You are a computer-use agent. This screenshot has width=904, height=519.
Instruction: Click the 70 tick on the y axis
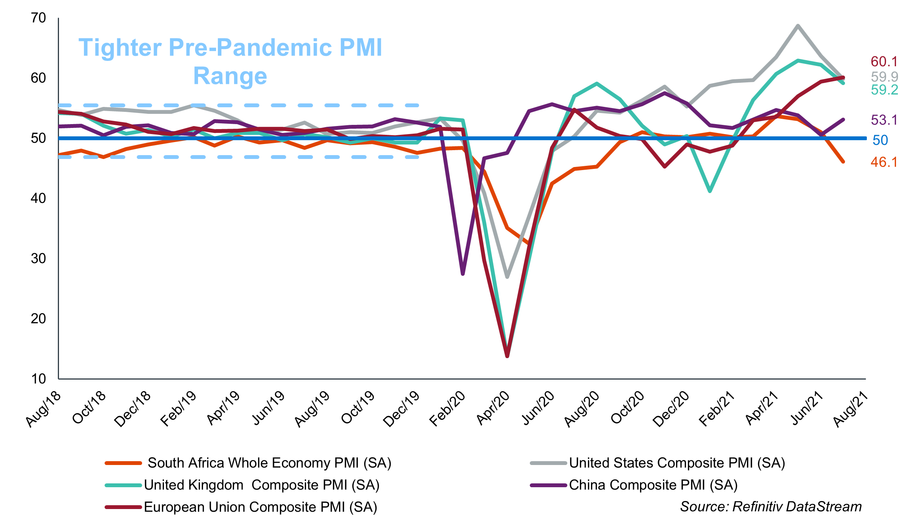tap(38, 18)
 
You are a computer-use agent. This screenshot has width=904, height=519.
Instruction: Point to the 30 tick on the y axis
tap(38, 259)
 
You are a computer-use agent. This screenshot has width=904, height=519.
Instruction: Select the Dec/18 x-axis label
tap(133, 409)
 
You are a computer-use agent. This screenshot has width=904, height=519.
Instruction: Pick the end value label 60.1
tap(884, 62)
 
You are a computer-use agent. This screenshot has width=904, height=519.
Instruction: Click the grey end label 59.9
tap(884, 77)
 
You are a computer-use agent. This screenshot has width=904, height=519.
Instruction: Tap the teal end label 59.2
tap(884, 90)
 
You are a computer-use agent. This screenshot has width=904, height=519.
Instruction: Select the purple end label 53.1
tap(884, 120)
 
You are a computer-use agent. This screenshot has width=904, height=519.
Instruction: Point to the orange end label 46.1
tap(884, 162)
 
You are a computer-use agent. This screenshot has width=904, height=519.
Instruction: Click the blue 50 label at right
tap(880, 140)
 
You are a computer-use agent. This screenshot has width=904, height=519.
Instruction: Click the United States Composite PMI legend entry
tap(677, 463)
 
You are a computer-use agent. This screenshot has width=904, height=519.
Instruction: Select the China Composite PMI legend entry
tap(653, 485)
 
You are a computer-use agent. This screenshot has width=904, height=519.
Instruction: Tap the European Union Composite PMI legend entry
tap(260, 507)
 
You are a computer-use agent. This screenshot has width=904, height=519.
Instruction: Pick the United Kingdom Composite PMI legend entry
tap(262, 485)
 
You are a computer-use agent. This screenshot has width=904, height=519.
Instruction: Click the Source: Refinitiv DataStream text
tap(771, 507)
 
